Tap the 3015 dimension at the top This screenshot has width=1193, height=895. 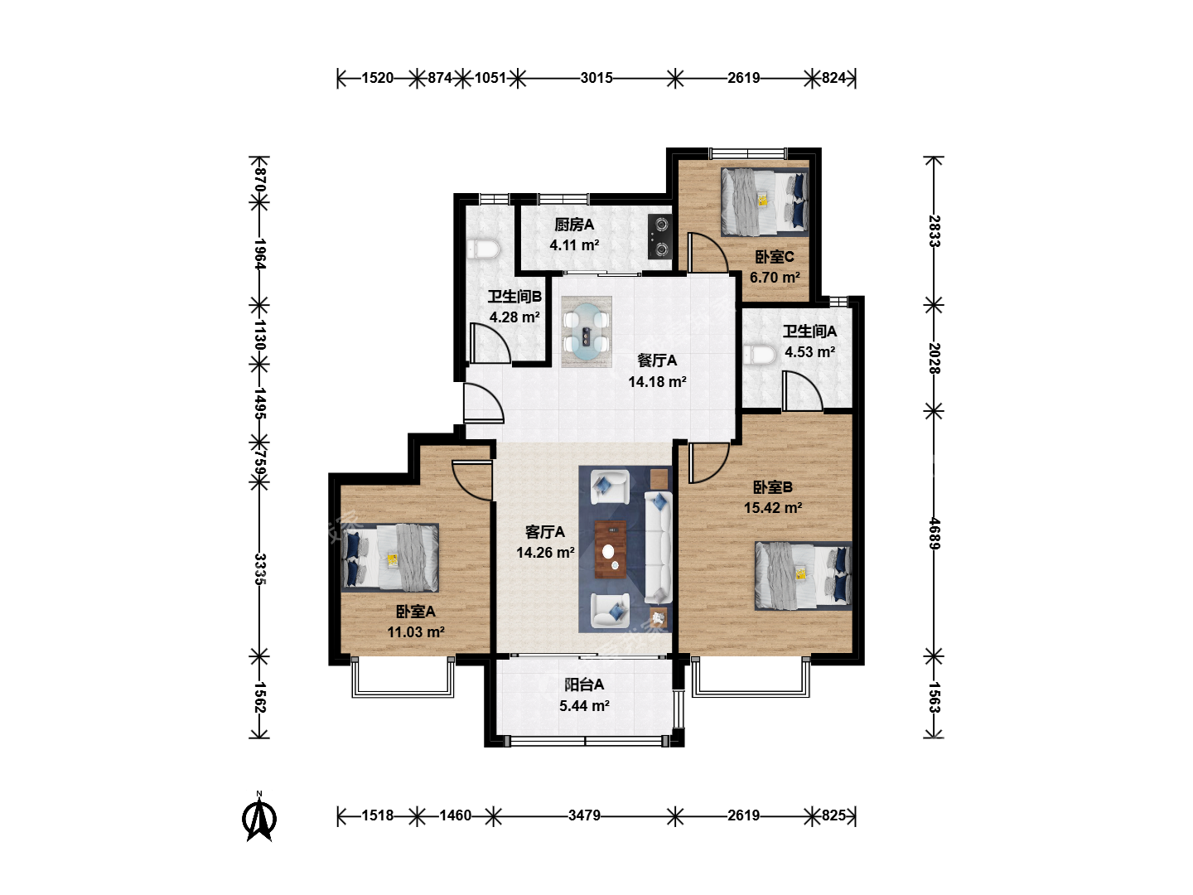[x=596, y=78]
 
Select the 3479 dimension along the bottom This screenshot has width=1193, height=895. [x=584, y=815]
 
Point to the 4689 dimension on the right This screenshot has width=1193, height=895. [x=934, y=534]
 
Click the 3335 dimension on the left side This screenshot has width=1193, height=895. [x=260, y=569]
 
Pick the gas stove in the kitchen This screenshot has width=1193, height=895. [x=659, y=236]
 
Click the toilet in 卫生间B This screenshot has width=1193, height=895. [x=483, y=250]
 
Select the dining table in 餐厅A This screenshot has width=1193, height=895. [x=587, y=331]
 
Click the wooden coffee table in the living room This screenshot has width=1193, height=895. [x=611, y=549]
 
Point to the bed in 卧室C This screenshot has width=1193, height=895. [x=765, y=201]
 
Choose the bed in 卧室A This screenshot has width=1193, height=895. [x=389, y=558]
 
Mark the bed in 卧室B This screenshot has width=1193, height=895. [x=804, y=575]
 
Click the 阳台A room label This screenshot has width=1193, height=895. [x=584, y=685]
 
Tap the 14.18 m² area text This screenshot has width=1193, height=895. [x=657, y=381]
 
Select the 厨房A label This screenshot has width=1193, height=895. [x=574, y=225]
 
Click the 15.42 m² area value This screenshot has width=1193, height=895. [x=773, y=507]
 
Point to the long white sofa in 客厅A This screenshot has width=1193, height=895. [x=658, y=547]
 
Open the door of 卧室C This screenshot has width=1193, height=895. [x=708, y=254]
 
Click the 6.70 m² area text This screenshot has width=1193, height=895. [x=775, y=277]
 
